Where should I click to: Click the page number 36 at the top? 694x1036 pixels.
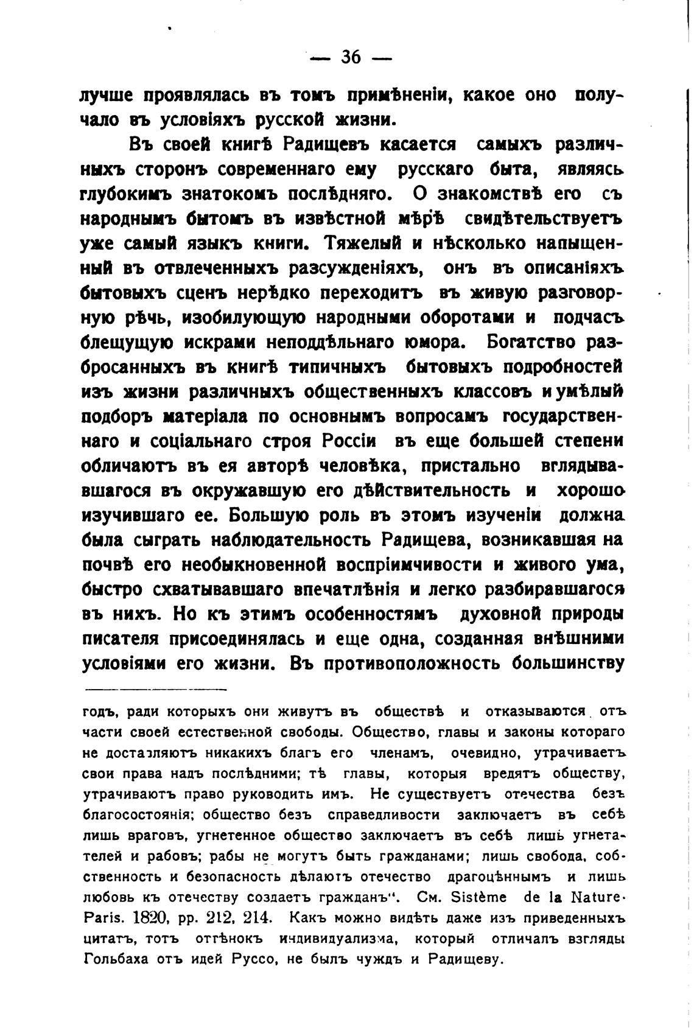pyautogui.click(x=351, y=58)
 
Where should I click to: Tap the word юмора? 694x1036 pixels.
pyautogui.click(x=431, y=343)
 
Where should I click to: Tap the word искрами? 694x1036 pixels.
pyautogui.click(x=198, y=343)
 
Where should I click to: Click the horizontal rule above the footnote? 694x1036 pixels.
pyautogui.click(x=156, y=690)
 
